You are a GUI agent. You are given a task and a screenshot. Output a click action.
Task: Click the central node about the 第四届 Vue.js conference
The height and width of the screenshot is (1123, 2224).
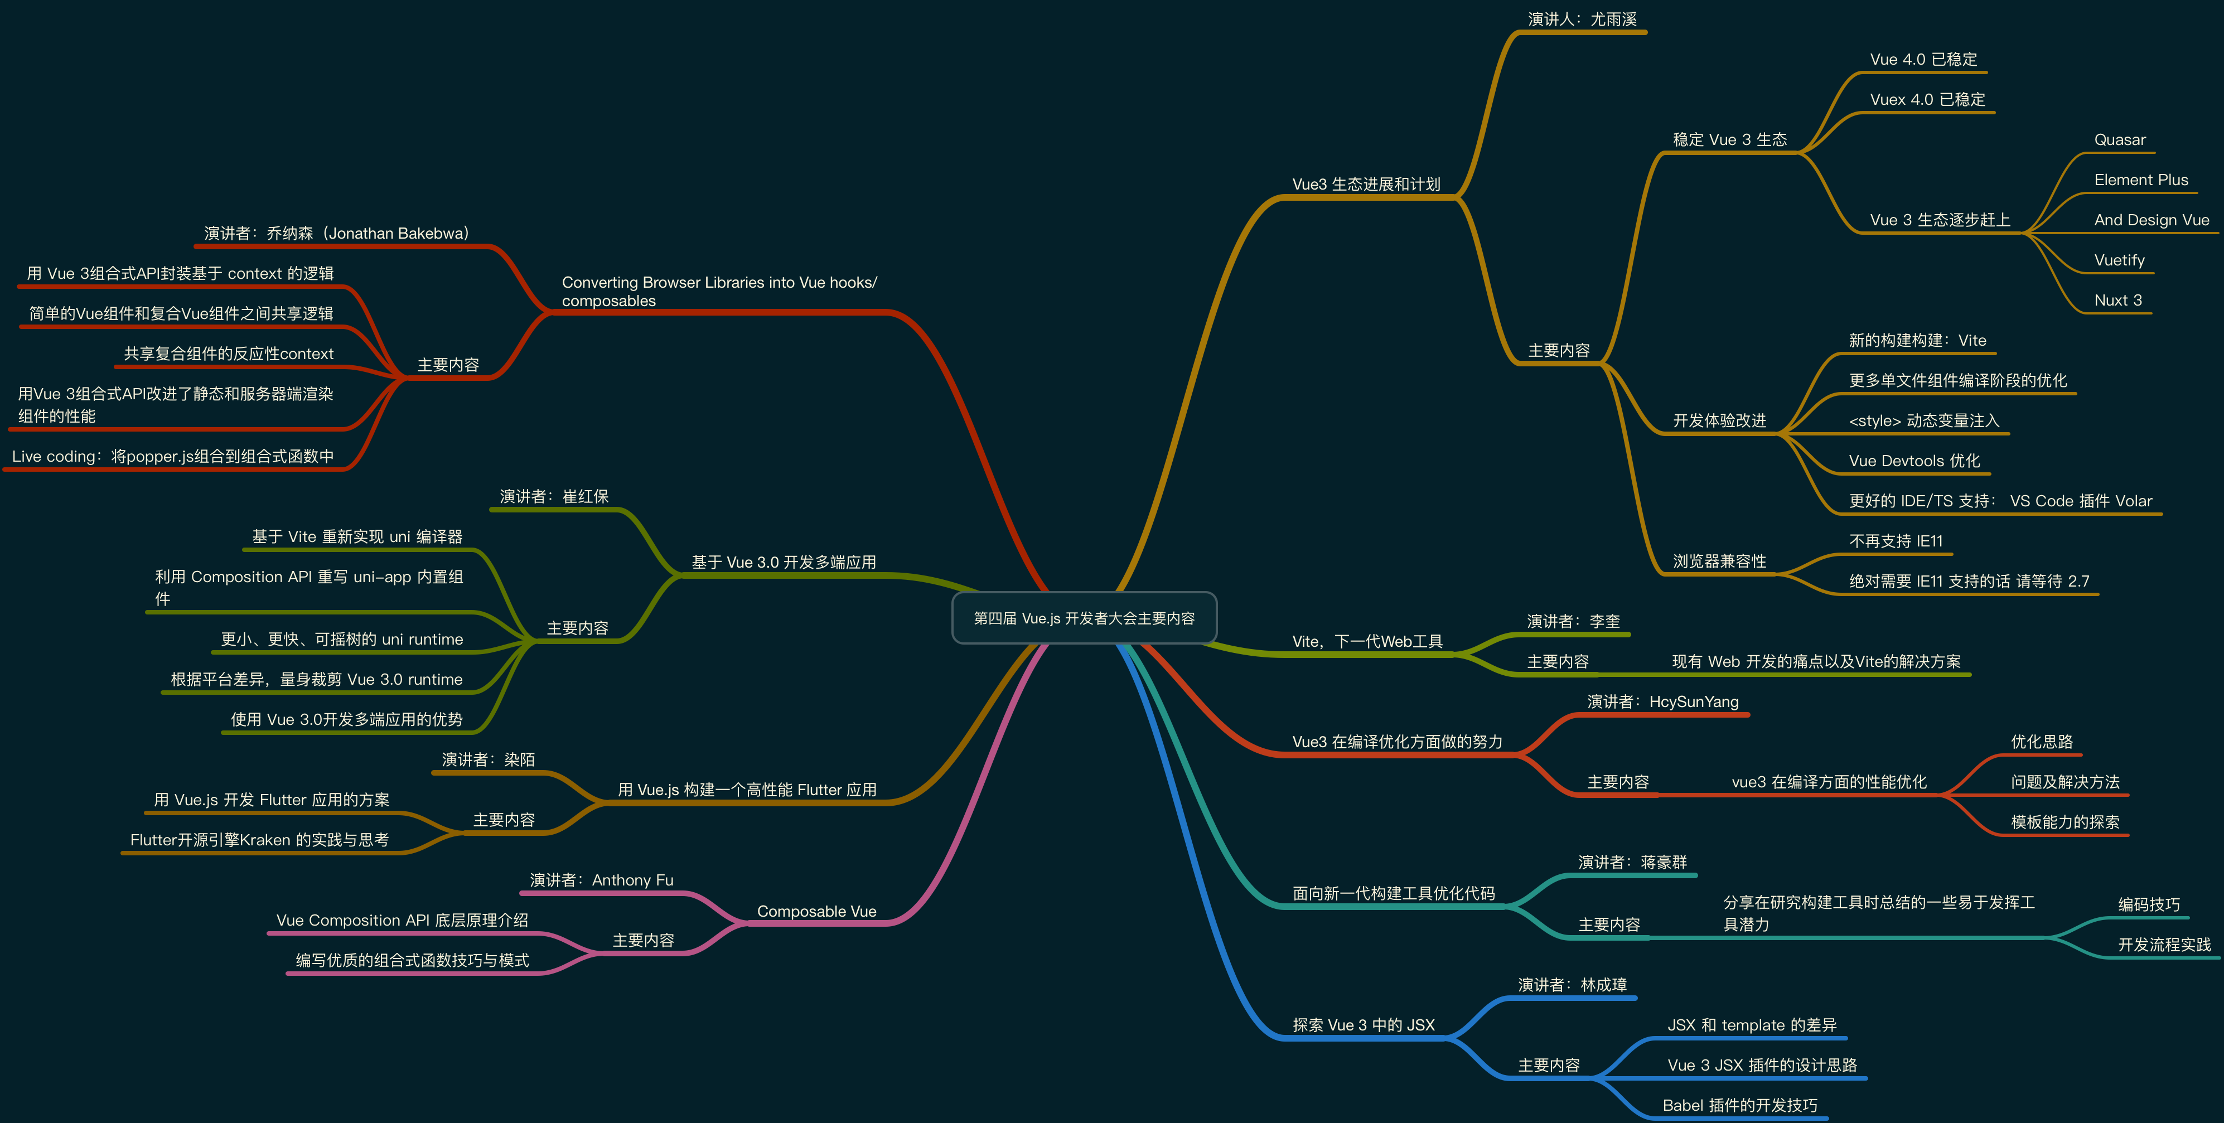1084,618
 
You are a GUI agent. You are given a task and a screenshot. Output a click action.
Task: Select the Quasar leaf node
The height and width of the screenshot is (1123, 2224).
2120,140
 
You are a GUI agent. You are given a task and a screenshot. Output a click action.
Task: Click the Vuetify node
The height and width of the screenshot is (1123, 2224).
2119,260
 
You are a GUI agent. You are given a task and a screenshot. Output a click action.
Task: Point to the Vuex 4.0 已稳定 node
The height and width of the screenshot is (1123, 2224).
1927,99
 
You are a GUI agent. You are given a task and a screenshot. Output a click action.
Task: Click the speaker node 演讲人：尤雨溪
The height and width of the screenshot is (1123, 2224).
1582,19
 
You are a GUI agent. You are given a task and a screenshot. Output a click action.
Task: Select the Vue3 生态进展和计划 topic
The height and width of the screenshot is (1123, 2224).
1366,184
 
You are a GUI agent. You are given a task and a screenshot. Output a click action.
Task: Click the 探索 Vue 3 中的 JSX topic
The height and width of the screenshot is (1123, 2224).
1364,1025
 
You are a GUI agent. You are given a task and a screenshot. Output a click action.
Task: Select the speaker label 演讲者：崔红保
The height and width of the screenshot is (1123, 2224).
553,496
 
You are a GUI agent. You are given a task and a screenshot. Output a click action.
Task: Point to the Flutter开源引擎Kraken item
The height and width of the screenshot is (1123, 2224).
259,840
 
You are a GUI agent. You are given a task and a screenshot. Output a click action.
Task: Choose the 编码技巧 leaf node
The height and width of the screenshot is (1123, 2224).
2148,904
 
